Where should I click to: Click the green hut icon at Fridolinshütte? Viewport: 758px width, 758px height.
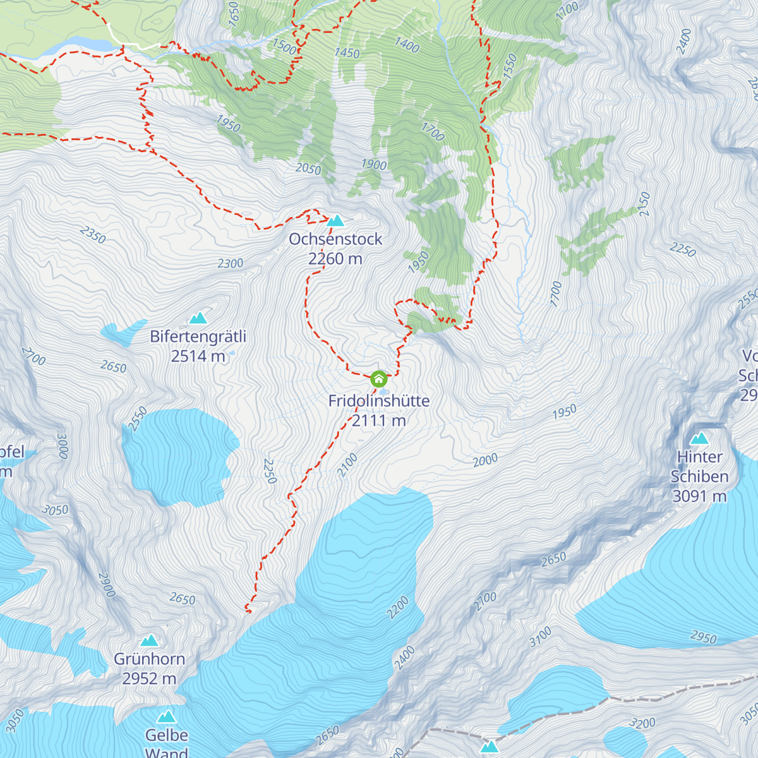(378, 379)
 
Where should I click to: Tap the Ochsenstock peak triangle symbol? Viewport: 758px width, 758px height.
(335, 220)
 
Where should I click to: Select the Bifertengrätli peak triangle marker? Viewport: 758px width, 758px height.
(198, 317)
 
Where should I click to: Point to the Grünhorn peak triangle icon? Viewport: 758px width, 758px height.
(149, 641)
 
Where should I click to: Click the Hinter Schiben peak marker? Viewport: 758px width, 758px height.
(699, 438)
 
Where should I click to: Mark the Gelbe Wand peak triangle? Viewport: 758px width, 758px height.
(167, 716)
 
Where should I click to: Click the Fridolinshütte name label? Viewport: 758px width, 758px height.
(378, 400)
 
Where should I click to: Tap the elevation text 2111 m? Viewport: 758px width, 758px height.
(378, 421)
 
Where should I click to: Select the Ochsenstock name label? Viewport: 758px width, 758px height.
(335, 239)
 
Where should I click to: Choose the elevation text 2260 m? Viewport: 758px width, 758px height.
(335, 259)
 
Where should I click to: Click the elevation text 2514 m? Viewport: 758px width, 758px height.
(198, 356)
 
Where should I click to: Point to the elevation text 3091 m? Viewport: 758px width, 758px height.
(699, 496)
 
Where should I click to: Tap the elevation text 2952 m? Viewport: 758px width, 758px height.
(149, 679)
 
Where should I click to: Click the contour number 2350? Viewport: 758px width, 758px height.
(93, 234)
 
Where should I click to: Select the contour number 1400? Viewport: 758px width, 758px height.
(407, 44)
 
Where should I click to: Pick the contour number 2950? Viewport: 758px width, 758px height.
(703, 637)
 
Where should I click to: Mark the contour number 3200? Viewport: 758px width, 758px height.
(642, 723)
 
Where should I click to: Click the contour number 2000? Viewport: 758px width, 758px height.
(485, 460)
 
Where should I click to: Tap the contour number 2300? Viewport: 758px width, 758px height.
(230, 263)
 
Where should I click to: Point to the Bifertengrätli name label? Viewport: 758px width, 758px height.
(198, 337)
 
